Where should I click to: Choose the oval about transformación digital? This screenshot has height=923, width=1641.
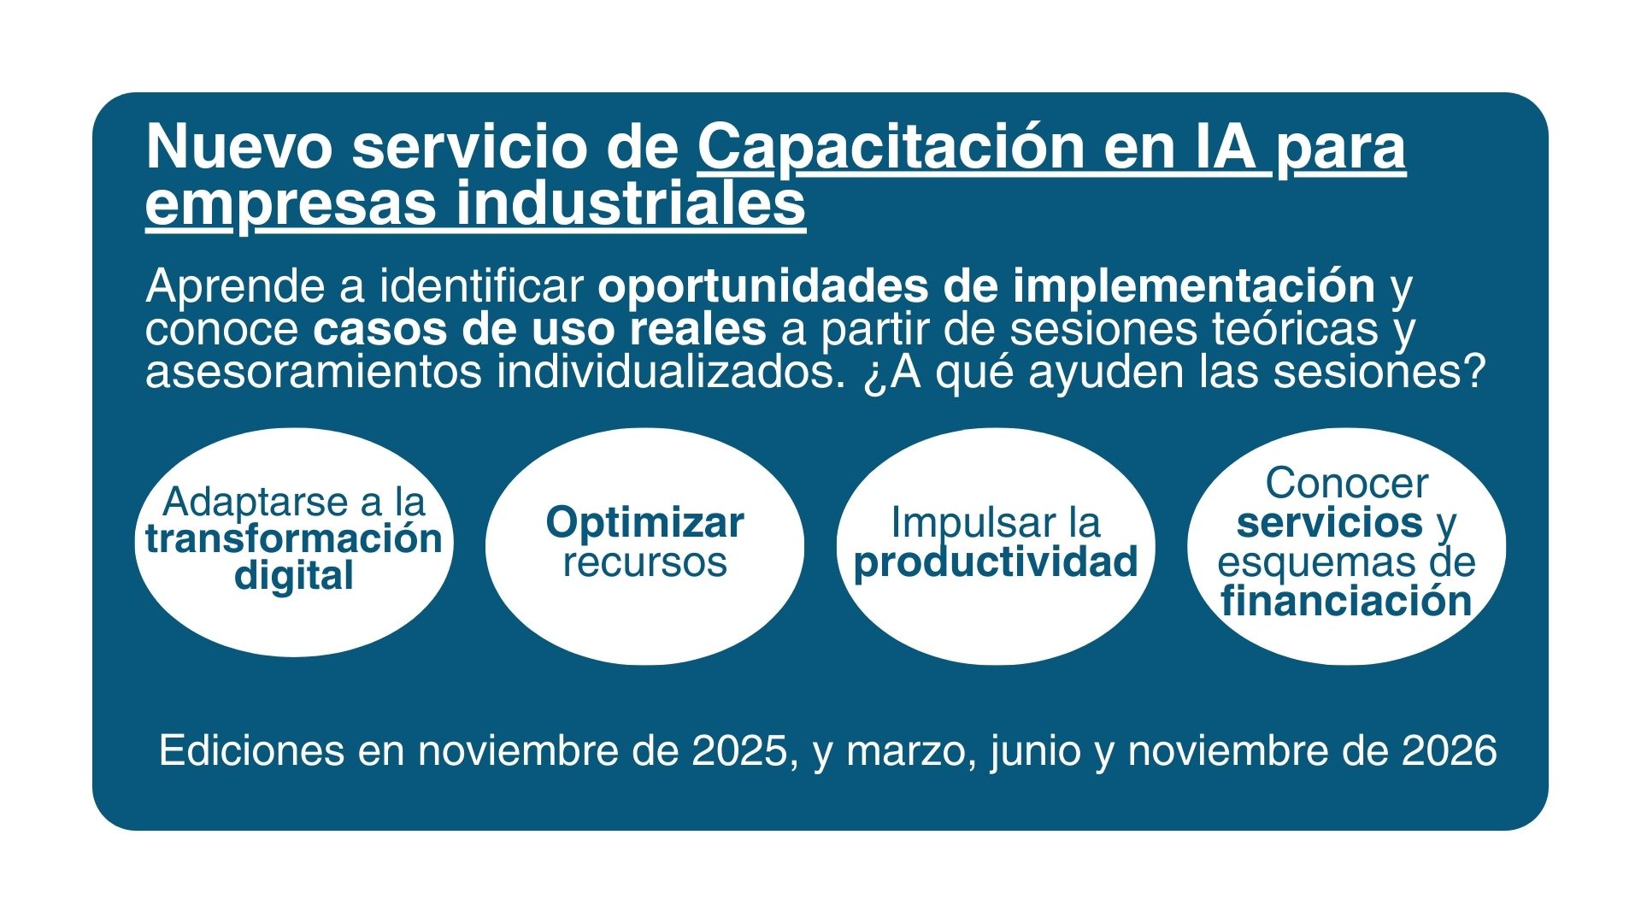pyautogui.click(x=294, y=542)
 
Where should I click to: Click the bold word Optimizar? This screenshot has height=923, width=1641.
pyautogui.click(x=645, y=522)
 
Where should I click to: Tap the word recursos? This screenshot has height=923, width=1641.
pyautogui.click(x=645, y=562)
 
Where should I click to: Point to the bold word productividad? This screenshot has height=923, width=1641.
pyautogui.click(x=996, y=563)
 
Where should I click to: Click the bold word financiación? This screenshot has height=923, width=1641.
pyautogui.click(x=1346, y=601)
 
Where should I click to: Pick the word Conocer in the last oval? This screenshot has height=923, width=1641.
pyautogui.click(x=1346, y=484)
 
